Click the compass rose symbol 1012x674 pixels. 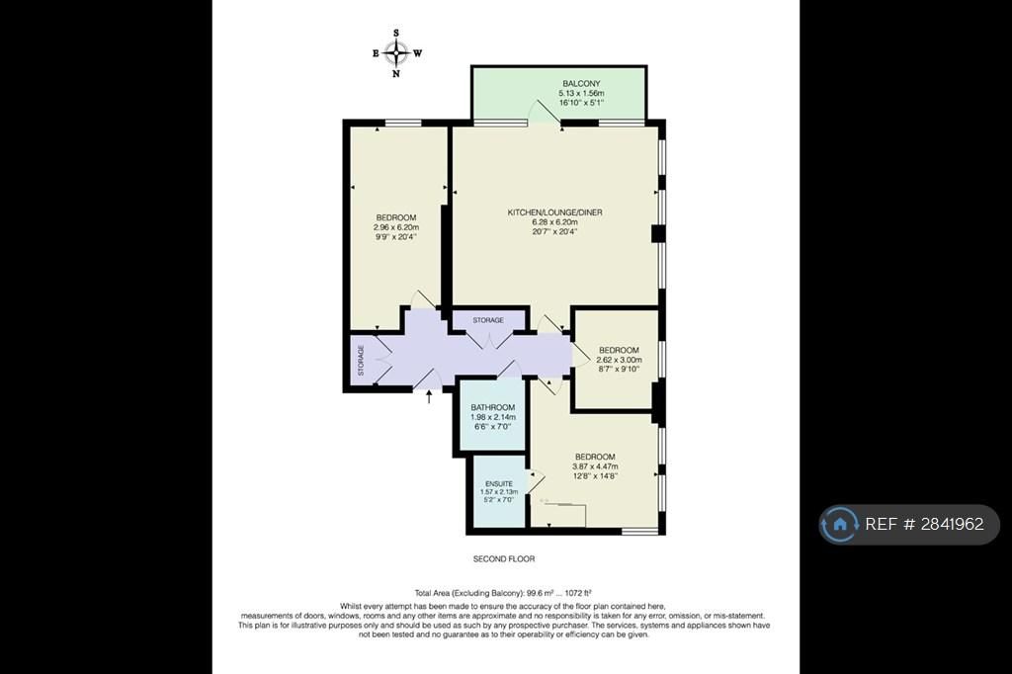pos(395,53)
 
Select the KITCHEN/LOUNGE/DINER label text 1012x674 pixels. pos(555,212)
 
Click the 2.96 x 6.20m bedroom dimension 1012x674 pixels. pos(396,227)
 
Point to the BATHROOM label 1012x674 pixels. pos(493,407)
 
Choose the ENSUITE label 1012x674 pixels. pos(499,483)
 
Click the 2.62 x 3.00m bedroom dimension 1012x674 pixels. pos(619,360)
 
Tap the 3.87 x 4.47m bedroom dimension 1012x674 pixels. pos(595,466)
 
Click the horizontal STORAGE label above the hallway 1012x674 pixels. pos(488,320)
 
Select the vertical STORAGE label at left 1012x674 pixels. pos(361,361)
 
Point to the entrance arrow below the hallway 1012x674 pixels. pos(429,396)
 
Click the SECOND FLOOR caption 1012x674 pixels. pos(504,559)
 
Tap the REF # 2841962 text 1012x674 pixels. pos(924,524)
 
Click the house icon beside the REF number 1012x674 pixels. pos(840,524)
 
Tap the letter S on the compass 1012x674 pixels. pos(396,33)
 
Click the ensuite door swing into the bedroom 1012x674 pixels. pos(537,481)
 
